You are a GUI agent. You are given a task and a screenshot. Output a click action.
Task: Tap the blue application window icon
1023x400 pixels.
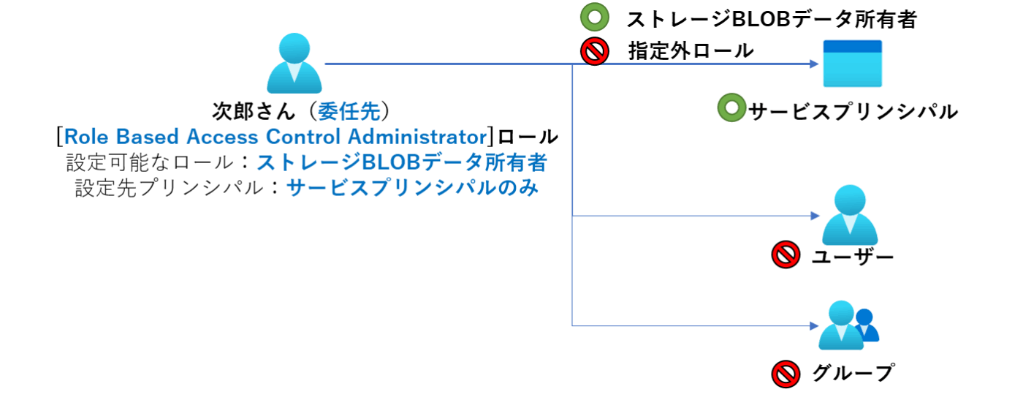tap(853, 63)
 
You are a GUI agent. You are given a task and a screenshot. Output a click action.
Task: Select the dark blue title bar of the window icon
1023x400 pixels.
tap(853, 47)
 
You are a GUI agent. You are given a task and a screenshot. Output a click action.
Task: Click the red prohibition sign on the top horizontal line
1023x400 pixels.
tap(595, 52)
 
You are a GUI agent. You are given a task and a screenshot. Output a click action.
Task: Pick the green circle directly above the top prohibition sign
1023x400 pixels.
tap(594, 17)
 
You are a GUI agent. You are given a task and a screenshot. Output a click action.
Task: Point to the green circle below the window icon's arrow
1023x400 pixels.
tap(731, 107)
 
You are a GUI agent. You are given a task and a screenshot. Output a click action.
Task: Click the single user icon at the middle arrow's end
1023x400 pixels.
tap(849, 215)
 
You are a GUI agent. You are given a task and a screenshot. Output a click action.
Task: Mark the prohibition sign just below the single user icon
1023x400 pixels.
tap(786, 255)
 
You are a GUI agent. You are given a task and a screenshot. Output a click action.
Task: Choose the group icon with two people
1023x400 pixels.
tap(848, 325)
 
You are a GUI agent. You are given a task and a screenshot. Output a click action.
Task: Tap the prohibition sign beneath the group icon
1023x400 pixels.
tap(786, 374)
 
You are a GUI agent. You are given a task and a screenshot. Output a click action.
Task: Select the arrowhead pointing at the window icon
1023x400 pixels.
tap(813, 64)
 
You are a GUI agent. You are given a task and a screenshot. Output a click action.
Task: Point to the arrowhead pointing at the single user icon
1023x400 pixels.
tap(815, 216)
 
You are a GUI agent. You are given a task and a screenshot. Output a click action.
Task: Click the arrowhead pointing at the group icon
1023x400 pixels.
tap(813, 325)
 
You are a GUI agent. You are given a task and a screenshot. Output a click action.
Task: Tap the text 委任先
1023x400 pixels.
tap(349, 111)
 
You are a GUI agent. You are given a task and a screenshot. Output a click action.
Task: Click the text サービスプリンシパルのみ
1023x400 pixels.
tap(413, 188)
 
